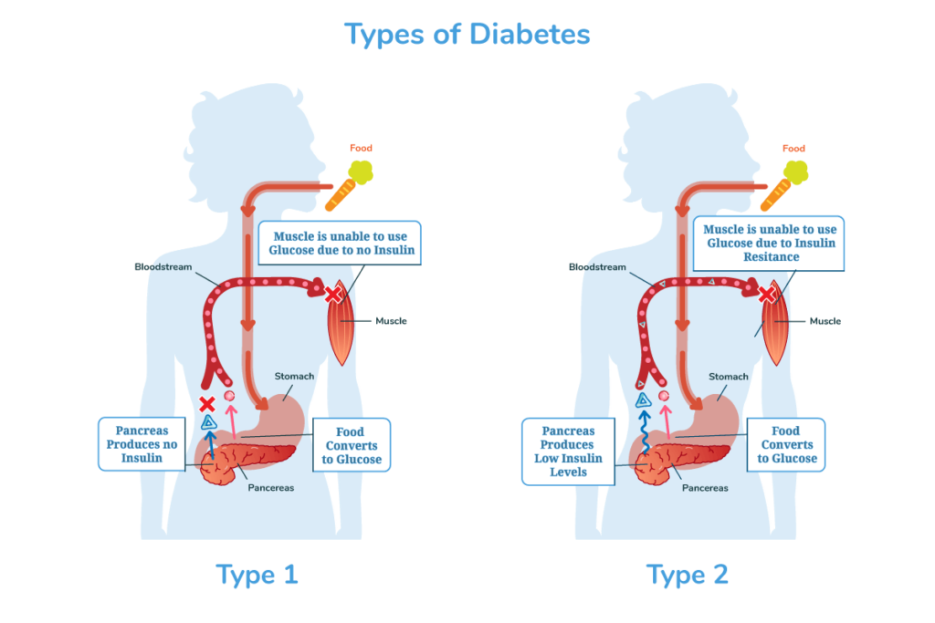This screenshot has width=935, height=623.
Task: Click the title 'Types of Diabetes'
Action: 467,35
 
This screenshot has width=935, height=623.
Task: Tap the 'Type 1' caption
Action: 257,575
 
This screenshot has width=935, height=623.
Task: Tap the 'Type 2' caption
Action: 688,575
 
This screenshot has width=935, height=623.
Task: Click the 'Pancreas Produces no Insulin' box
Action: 142,444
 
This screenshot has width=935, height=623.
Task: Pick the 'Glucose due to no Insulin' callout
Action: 341,243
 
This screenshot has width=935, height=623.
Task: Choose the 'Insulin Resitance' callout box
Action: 769,243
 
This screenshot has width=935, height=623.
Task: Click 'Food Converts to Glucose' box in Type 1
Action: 351,445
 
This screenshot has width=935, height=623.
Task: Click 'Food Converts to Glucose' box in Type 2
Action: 786,445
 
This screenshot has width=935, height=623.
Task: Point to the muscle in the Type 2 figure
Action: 776,328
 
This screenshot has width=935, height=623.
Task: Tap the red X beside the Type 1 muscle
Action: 333,295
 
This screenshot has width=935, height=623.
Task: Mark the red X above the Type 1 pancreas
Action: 208,402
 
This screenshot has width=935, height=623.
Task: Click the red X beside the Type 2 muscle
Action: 767,295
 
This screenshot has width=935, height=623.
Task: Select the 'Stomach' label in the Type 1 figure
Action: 294,376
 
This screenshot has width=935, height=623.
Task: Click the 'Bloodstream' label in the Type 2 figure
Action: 599,267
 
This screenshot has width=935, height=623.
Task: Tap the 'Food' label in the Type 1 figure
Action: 361,148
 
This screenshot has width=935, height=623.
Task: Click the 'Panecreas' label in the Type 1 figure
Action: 271,488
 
